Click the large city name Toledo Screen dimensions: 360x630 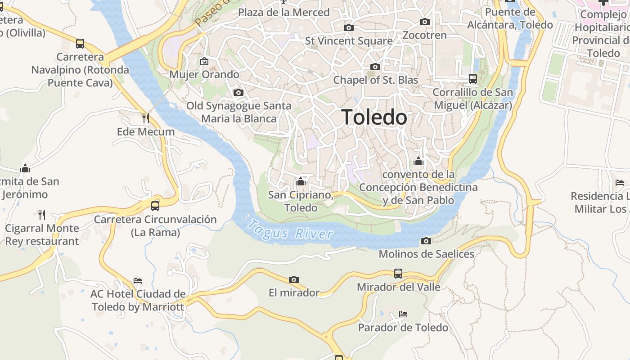tap(374, 117)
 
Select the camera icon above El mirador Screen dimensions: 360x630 tap(294, 280)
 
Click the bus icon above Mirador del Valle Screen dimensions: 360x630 tap(398, 273)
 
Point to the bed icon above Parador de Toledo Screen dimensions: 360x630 tap(403, 314)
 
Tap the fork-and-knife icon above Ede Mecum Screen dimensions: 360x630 tap(145, 118)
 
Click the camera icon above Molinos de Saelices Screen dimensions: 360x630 tap(426, 241)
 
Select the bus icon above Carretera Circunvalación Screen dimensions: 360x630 tap(155, 206)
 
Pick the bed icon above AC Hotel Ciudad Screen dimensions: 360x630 tap(138, 281)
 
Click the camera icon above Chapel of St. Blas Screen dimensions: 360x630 tap(375, 67)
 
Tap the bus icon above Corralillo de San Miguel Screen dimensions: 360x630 tap(473, 79)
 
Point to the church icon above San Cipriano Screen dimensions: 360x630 tap(300, 182)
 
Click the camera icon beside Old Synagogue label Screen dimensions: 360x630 tap(238, 93)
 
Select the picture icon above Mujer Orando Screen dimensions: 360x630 tap(204, 61)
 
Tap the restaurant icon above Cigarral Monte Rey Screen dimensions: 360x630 tap(42, 215)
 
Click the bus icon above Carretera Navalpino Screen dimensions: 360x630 tap(80, 44)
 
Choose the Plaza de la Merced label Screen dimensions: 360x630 tap(284, 12)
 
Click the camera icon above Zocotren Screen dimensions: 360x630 tap(424, 22)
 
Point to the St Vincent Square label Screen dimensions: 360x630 tap(349, 41)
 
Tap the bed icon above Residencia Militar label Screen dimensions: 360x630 tap(620, 183)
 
